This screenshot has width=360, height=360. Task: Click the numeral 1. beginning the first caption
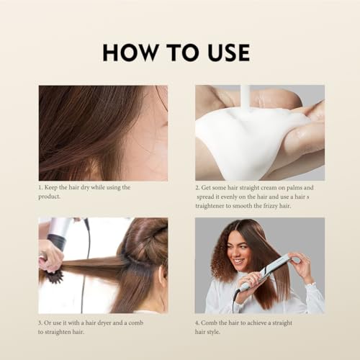(40, 187)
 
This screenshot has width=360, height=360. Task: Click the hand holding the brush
(50, 253)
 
